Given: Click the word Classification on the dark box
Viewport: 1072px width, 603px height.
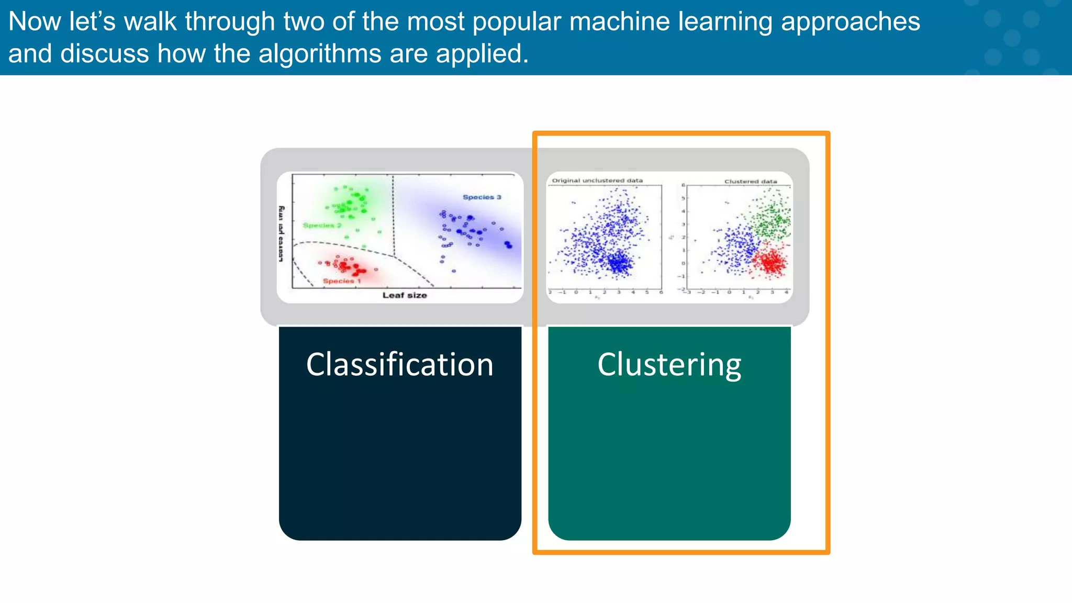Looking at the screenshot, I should [x=399, y=365].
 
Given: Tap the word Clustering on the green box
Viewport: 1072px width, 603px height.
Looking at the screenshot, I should [x=669, y=365].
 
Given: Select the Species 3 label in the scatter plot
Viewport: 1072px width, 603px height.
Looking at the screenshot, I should [x=482, y=197].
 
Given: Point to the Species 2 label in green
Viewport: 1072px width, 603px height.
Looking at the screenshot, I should [x=322, y=226].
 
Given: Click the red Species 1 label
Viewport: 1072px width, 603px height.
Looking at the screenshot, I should [x=341, y=281].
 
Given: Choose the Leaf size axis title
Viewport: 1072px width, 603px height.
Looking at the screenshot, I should [x=405, y=295].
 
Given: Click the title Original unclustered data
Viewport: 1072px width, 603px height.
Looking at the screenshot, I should [x=597, y=181].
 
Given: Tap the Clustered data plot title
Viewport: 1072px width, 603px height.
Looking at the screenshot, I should [x=751, y=182].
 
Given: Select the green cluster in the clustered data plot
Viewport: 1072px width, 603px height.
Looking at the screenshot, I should [x=772, y=218].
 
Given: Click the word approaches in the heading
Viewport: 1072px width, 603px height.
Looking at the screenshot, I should [x=850, y=21].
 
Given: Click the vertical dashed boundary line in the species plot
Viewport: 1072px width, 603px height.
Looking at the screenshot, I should [x=393, y=215].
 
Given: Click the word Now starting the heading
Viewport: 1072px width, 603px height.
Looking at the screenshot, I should [x=35, y=21].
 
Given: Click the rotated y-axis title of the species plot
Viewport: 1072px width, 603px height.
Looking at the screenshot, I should [x=281, y=233].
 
